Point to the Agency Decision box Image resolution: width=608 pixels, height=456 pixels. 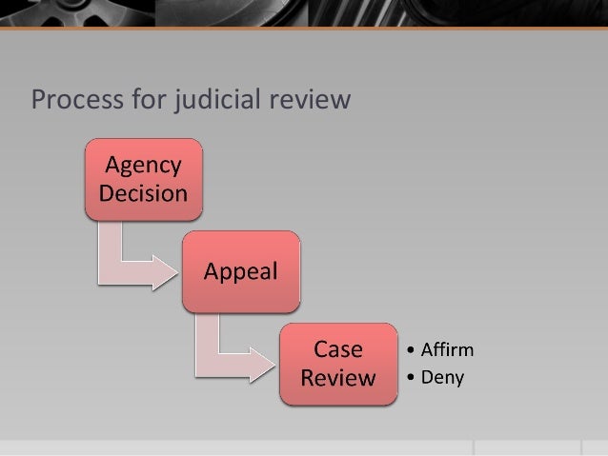[144, 179]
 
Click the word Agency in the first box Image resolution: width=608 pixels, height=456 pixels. [144, 166]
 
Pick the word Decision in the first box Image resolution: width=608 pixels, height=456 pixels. [144, 193]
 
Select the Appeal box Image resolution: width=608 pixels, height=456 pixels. [242, 271]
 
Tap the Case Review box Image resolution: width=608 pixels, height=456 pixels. [338, 364]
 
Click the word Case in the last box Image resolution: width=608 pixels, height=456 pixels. [338, 349]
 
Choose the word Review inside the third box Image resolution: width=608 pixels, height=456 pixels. [338, 378]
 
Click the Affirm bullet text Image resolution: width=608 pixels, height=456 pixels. [445, 349]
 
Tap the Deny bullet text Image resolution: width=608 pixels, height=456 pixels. [441, 378]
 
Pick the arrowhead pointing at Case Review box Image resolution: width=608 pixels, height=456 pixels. [261, 366]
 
